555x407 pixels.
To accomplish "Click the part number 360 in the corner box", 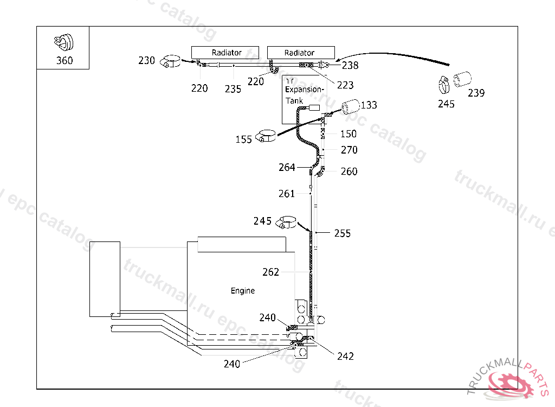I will tap(64, 60).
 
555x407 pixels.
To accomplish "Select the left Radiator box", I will tap(227, 53).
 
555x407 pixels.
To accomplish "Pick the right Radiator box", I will tap(299, 53).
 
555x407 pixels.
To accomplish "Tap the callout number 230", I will tap(146, 60).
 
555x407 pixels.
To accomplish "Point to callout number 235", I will tap(233, 89).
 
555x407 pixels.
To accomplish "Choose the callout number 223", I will tap(345, 85).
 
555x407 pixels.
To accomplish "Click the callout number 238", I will tap(350, 66).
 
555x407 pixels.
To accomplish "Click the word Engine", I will tap(243, 291).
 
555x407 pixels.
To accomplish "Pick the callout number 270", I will tap(349, 150).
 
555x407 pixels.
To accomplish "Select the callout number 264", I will tap(287, 167).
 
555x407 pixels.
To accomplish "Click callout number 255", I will tap(343, 233).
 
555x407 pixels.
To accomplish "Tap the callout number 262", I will tap(270, 272).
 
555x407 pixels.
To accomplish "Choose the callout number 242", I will tap(345, 356).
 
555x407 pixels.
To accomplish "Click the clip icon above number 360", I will tap(63, 42).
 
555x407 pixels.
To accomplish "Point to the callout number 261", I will tap(287, 194).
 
